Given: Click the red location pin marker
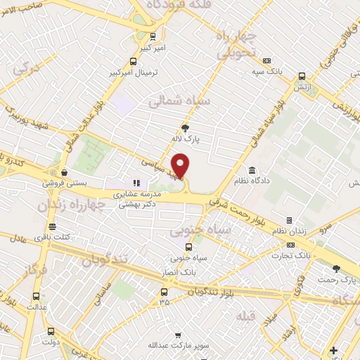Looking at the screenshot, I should click(x=181, y=165).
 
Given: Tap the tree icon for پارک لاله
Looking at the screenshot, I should click(x=185, y=128).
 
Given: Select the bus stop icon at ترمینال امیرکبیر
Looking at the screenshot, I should click(x=134, y=61).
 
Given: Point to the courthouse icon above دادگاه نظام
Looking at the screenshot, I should click(x=252, y=170).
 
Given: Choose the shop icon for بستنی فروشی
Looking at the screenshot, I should click(x=64, y=172).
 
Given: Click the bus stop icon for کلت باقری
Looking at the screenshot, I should click(x=52, y=226).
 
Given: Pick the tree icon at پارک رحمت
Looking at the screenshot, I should click(x=335, y=268).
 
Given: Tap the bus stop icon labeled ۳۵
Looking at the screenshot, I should click(x=164, y=291).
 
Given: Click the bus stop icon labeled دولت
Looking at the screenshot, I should click(x=50, y=330).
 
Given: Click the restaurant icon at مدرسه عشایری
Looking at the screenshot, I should click(x=136, y=184).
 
